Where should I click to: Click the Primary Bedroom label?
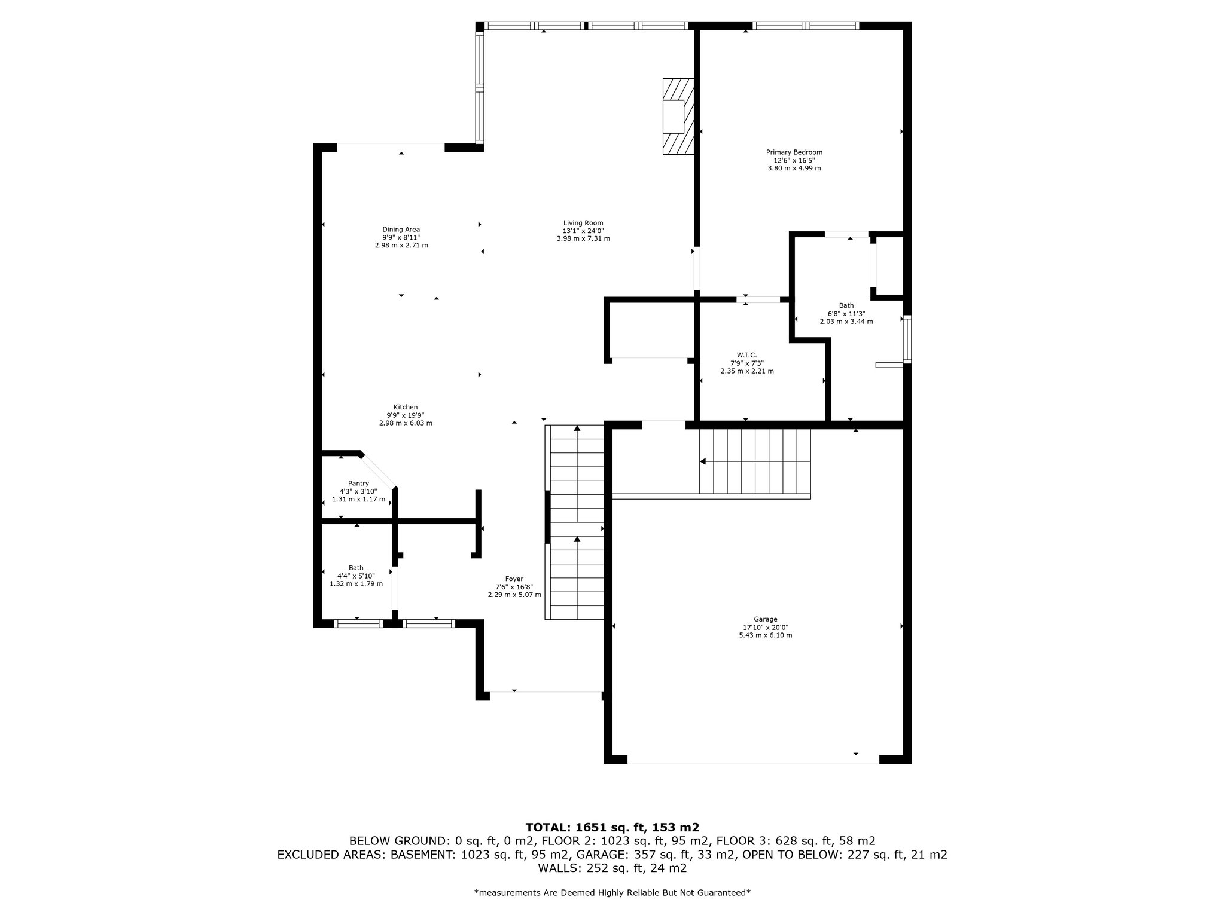[x=794, y=152]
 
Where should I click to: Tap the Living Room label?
[x=583, y=223]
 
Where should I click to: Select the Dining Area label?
[x=401, y=229]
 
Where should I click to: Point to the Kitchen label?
[x=406, y=407]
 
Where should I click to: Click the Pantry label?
[x=358, y=484]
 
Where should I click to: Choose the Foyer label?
[x=514, y=579]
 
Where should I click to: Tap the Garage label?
[x=766, y=619]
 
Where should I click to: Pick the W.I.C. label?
[x=747, y=355]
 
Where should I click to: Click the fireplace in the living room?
[x=678, y=117]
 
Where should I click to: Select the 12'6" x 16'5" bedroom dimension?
[x=794, y=160]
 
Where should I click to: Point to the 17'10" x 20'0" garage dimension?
[x=766, y=627]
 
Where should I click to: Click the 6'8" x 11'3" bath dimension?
[x=846, y=313]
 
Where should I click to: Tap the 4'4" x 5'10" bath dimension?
[x=356, y=576]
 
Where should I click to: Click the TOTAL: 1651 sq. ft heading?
[x=612, y=827]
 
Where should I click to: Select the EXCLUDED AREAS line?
[x=612, y=855]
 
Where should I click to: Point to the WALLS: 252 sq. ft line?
[x=612, y=868]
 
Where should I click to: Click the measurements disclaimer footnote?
[x=612, y=893]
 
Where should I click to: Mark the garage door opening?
[x=753, y=763]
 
